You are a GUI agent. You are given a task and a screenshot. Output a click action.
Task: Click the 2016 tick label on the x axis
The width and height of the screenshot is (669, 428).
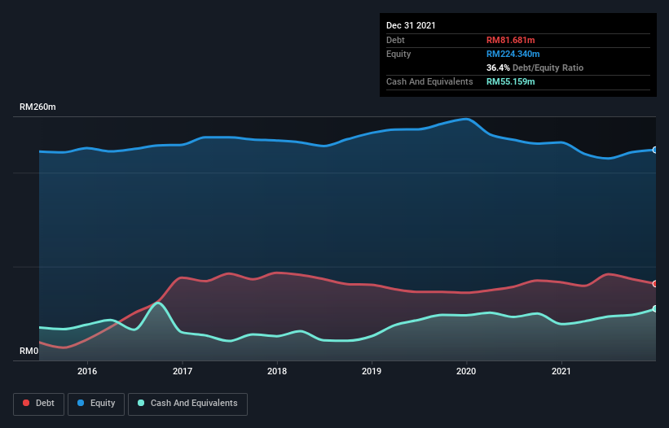click(87, 371)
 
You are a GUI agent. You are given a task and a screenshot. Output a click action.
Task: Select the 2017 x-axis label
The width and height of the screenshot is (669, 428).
click(183, 371)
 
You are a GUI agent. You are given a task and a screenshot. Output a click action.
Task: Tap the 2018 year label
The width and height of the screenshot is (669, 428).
click(277, 371)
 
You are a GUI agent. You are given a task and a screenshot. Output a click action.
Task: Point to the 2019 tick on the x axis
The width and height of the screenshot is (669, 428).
click(372, 371)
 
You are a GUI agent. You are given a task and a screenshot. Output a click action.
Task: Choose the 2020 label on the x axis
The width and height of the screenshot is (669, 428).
click(466, 371)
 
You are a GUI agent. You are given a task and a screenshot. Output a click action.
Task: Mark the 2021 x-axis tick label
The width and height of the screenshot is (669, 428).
click(561, 371)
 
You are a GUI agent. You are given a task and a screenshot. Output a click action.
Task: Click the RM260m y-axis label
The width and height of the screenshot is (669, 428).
click(38, 107)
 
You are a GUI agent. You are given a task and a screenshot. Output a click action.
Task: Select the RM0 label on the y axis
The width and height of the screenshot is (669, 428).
click(29, 352)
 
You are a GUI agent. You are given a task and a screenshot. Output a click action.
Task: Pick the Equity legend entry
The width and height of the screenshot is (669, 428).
click(95, 404)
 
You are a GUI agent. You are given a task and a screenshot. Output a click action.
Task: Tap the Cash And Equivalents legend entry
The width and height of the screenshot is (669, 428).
click(187, 404)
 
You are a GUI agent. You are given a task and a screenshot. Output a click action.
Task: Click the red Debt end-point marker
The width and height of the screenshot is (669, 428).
click(655, 284)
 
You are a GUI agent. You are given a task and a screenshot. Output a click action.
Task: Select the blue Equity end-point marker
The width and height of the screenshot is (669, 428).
click(655, 150)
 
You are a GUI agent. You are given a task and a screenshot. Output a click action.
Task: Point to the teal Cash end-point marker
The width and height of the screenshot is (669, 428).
click(655, 308)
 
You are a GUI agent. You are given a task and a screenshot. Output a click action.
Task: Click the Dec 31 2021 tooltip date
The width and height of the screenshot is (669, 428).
click(411, 25)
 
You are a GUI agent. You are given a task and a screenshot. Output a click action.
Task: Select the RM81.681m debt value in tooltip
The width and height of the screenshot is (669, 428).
click(510, 40)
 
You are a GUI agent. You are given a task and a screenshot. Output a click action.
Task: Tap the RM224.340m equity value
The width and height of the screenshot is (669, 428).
click(513, 54)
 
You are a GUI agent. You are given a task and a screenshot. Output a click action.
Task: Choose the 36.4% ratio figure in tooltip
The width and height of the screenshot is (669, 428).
click(498, 68)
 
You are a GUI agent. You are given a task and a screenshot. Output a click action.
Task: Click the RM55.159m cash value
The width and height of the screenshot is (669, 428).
click(511, 81)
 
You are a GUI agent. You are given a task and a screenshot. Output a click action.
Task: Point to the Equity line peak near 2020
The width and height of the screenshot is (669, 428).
click(466, 119)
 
